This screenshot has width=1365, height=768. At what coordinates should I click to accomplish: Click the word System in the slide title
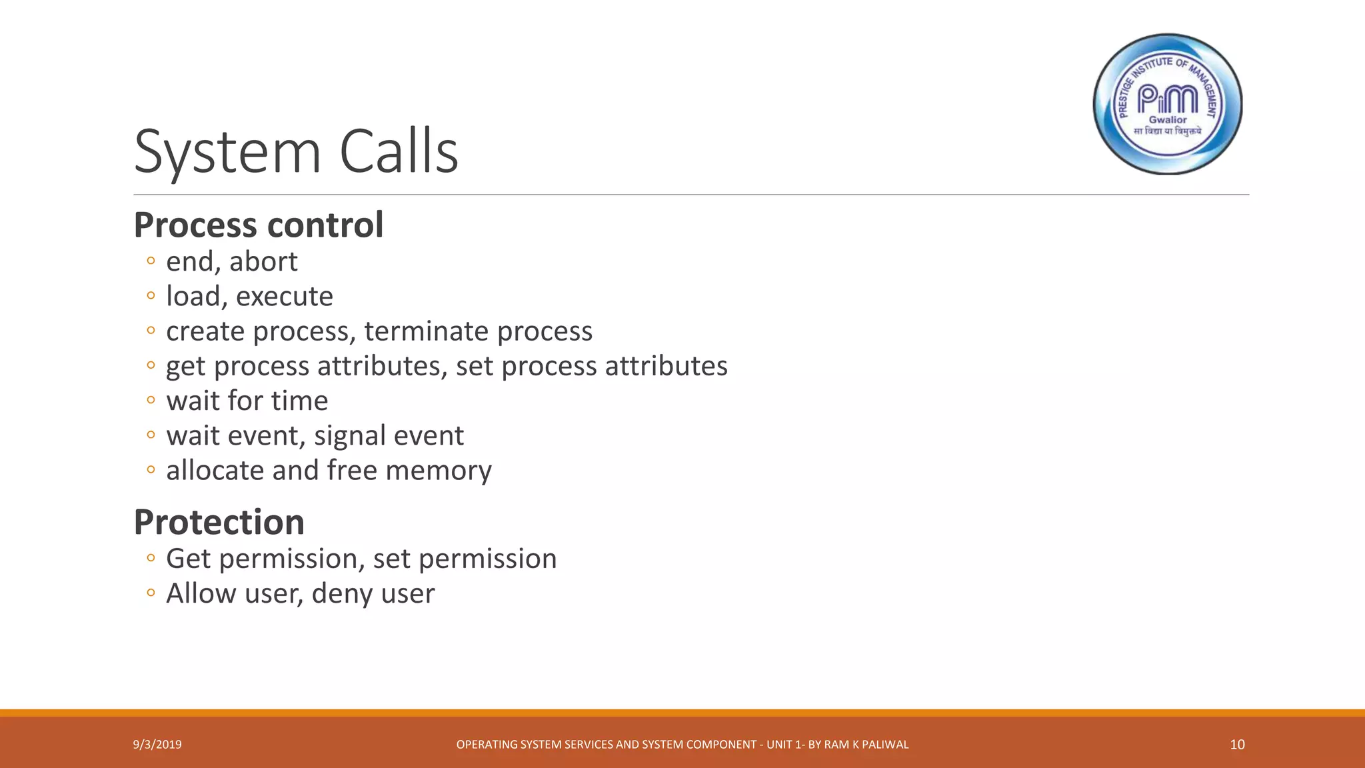(227, 152)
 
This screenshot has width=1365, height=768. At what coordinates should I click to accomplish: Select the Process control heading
(259, 225)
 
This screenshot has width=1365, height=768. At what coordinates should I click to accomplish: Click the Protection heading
(219, 522)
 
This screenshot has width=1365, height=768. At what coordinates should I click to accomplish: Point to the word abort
(263, 261)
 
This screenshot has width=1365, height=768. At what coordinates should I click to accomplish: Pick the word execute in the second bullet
(285, 297)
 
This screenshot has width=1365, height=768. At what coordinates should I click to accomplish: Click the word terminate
(427, 331)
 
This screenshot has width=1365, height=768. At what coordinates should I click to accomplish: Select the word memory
(439, 471)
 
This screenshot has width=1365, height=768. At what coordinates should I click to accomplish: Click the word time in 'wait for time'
(299, 401)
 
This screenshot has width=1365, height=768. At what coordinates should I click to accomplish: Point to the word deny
(337, 594)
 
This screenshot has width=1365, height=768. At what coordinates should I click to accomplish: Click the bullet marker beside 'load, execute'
(151, 295)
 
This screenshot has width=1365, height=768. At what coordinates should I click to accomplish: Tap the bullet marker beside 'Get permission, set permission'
(151, 557)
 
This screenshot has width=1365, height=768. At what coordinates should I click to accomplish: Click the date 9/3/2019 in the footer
(157, 745)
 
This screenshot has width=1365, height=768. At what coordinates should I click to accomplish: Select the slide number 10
(1237, 745)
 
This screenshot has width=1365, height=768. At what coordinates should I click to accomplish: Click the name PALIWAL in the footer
(885, 745)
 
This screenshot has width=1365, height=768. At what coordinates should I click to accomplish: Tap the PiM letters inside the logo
(1168, 99)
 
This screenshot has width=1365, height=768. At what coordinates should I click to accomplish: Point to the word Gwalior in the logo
(1168, 120)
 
